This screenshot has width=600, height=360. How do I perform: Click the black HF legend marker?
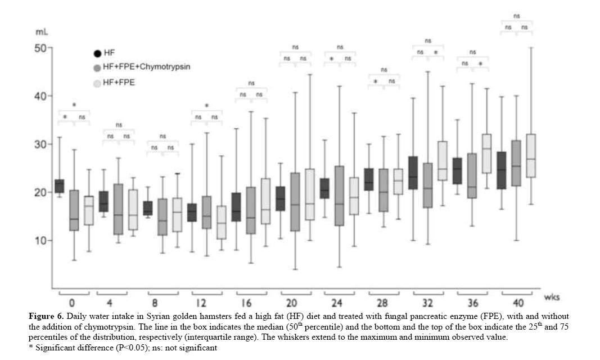pos(98,53)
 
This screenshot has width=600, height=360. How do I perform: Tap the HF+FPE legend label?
pos(119,82)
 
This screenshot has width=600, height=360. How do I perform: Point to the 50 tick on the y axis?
pos(40,48)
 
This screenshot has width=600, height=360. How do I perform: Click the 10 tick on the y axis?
pos(40,240)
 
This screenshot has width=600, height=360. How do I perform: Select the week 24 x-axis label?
pos(341,303)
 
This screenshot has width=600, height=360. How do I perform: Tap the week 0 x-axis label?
pos(72,303)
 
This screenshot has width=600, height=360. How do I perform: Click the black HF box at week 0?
pos(59,186)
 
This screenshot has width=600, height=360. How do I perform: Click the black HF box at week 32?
pos(413,173)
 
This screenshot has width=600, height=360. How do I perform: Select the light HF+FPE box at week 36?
pos(483,154)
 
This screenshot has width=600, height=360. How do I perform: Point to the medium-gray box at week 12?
pos(206,212)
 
